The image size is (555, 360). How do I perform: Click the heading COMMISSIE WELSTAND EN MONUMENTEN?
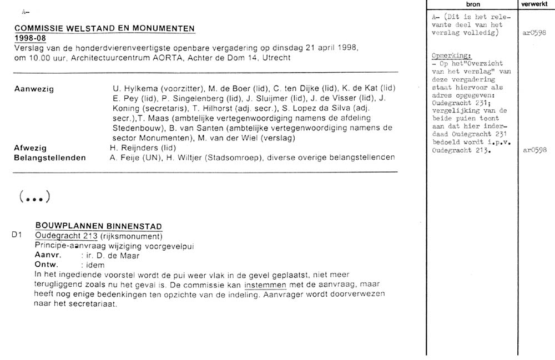104,28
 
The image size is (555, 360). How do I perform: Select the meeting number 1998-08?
30,38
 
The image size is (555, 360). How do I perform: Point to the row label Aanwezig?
34,89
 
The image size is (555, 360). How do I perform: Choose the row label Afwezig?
30,148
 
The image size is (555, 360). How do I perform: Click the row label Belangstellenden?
49,158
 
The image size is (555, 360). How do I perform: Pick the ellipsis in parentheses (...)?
35,196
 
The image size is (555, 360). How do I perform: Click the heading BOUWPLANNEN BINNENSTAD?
98,226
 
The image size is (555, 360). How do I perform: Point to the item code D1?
16,235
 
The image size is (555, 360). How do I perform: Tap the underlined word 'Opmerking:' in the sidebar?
450,56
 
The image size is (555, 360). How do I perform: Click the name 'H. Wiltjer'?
165,158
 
